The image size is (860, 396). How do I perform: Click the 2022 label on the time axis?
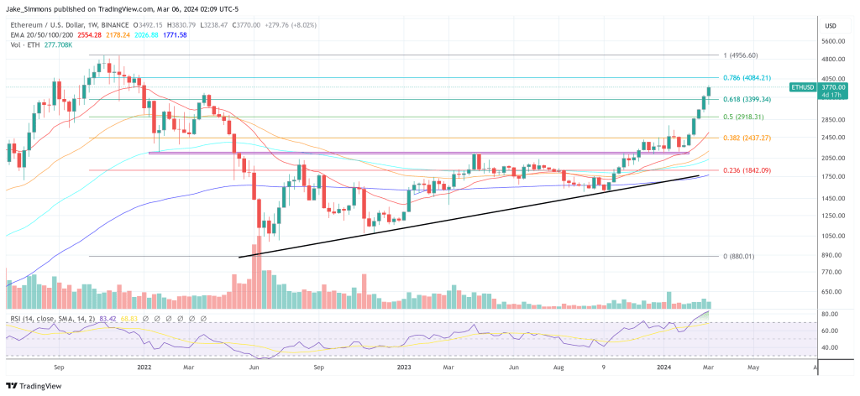point(144,367)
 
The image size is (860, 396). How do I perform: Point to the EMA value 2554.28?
point(88,35)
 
